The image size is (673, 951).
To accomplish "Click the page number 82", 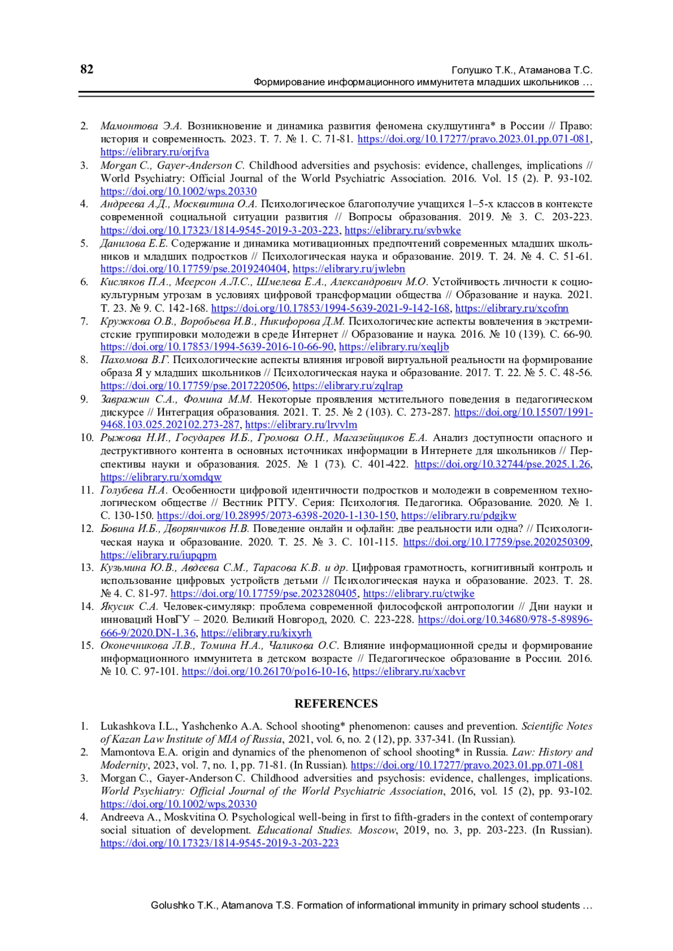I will coord(87,69).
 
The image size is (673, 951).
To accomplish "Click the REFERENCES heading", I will coord(336,704).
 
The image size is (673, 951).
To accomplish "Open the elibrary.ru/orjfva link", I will coord(155,152).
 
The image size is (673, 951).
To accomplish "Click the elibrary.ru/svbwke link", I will coord(402,230).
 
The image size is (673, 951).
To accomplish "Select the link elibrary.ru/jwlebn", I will coord(348,269).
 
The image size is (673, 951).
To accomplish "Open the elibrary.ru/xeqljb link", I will coord(394,347).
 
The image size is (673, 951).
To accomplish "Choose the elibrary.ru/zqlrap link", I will coord(347,386).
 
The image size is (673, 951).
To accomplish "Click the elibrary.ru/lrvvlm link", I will coord(301,425).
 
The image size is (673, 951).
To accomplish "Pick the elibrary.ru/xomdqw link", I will coord(161,477).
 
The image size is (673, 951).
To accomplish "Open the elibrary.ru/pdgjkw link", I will coord(458,516).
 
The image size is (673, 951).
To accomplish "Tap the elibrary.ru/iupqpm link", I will coord(158,555).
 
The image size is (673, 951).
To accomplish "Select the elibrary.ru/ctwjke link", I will coord(418,593).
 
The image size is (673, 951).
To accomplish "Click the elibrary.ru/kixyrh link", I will coord(256,633).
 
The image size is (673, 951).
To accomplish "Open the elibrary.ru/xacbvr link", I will coord(408,671).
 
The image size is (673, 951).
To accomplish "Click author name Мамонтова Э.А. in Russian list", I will coord(141,126).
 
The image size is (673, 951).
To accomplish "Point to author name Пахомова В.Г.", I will coord(135,360).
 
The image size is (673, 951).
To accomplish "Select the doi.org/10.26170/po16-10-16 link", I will coord(264,671).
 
